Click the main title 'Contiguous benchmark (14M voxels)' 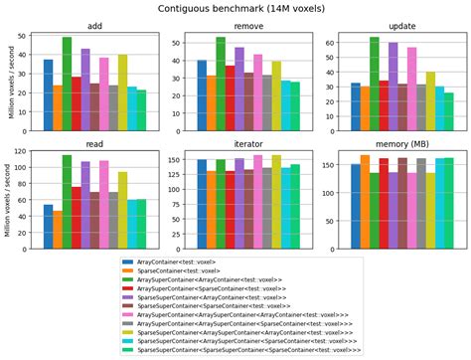(x=235, y=9)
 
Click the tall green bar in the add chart (x=67, y=75)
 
